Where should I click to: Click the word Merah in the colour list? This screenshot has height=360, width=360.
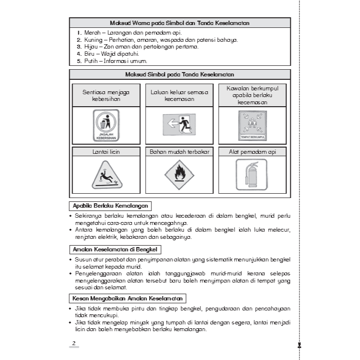click(x=92, y=32)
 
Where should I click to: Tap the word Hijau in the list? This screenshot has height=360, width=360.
click(x=91, y=47)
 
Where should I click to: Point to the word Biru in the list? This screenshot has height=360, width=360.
click(x=90, y=54)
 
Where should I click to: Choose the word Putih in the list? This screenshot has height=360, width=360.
click(x=91, y=61)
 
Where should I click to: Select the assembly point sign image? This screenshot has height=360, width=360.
click(x=252, y=125)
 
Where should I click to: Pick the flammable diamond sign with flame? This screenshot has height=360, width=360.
click(x=179, y=174)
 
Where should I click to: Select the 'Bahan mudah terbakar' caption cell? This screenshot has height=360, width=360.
click(x=179, y=152)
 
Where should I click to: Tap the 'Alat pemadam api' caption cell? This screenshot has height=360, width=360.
click(x=252, y=152)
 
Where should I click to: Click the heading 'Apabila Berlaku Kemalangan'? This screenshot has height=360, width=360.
click(x=110, y=206)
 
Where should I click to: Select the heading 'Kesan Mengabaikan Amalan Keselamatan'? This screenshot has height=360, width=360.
click(x=127, y=298)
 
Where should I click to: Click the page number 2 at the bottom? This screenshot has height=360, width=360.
click(x=74, y=343)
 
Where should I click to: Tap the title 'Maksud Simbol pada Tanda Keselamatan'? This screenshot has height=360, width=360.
click(x=180, y=74)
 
